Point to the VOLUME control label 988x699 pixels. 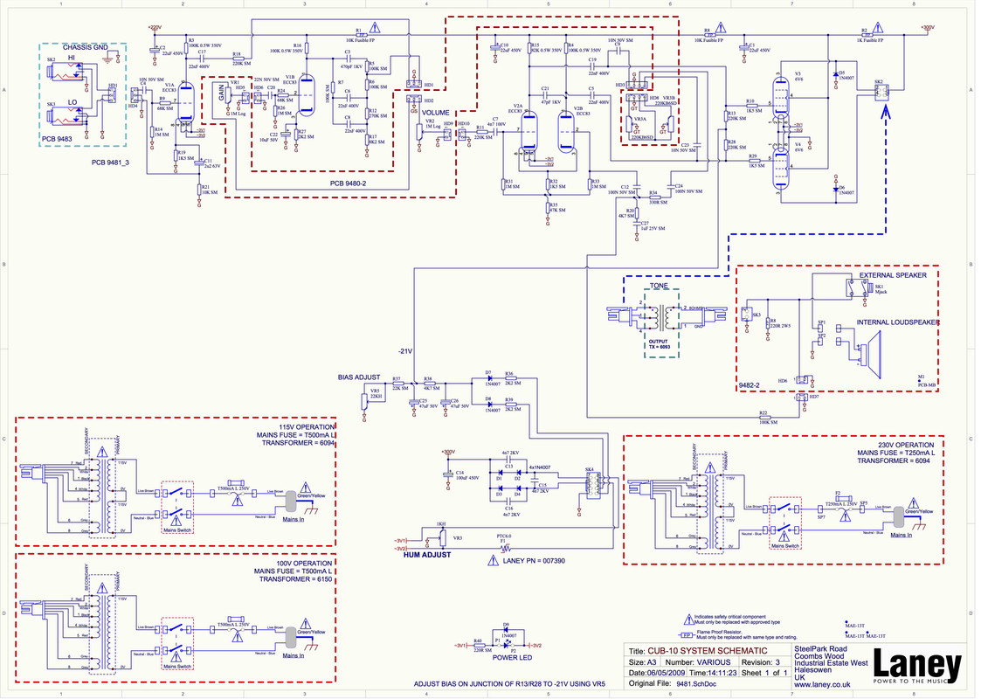(436, 113)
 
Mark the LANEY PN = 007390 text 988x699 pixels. (535, 560)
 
